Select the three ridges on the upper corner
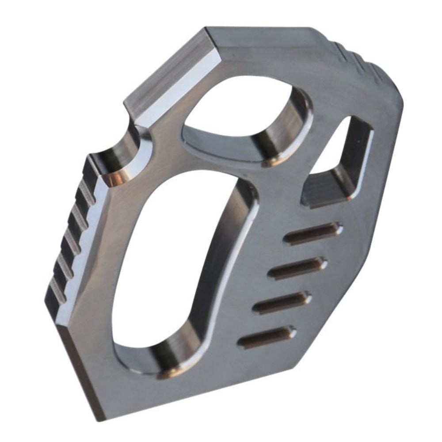click(358, 60)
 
